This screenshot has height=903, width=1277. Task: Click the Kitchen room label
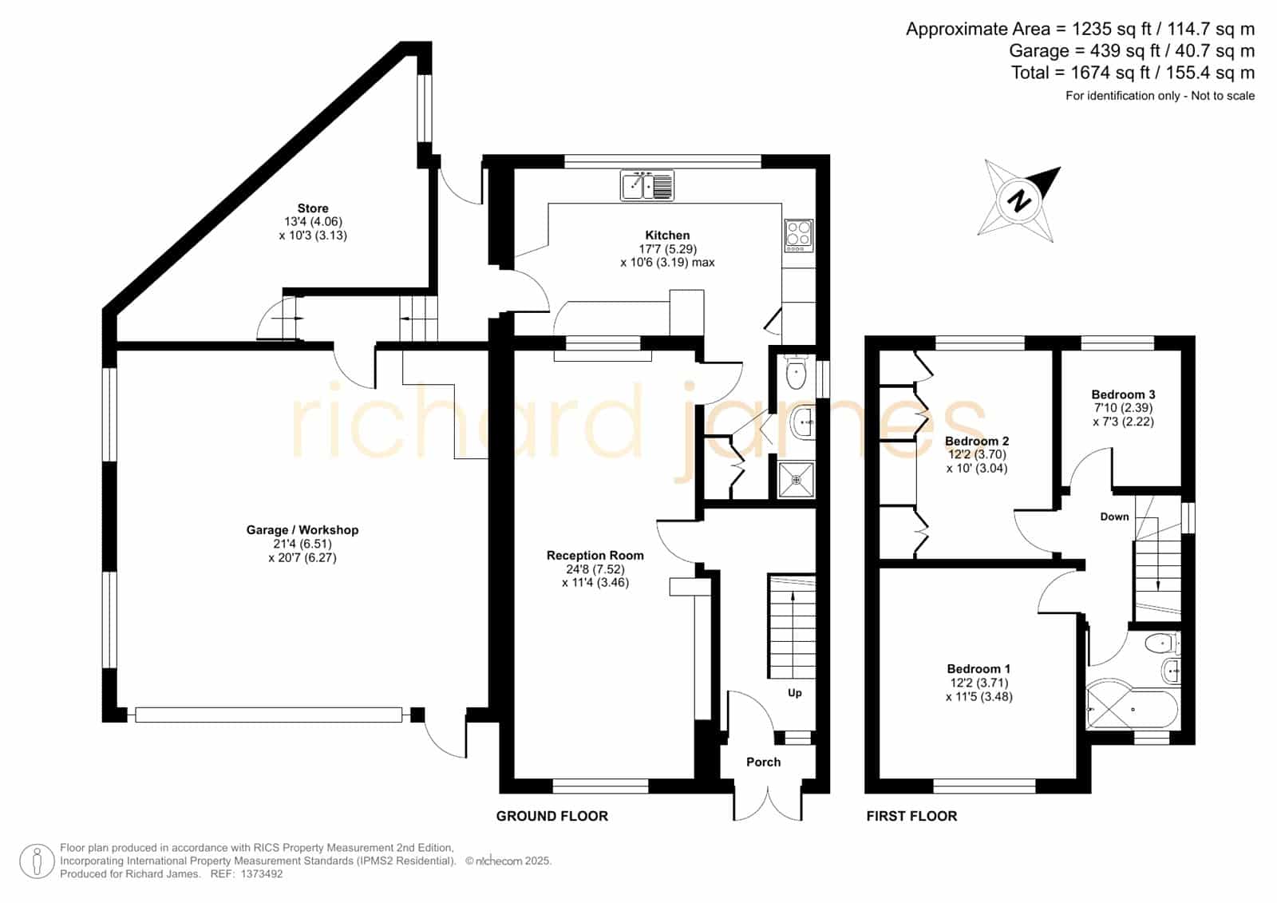click(x=667, y=235)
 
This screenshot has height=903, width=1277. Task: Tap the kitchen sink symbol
click(x=647, y=185)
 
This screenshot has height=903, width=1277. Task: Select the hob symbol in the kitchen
click(x=799, y=235)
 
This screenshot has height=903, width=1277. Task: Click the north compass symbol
click(x=1018, y=200)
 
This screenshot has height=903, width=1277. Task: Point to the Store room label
click(x=312, y=208)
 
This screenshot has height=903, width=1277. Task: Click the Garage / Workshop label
click(x=302, y=530)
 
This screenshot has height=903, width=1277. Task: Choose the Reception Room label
click(x=595, y=555)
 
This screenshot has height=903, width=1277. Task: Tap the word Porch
click(x=763, y=762)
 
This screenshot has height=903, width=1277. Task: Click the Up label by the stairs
click(x=795, y=693)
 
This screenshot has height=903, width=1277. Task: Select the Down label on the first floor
click(x=1114, y=517)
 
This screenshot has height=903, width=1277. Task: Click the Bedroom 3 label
click(x=1123, y=394)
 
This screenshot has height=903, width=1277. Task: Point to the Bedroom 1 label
click(x=979, y=668)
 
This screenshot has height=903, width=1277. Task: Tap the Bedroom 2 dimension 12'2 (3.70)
click(x=977, y=454)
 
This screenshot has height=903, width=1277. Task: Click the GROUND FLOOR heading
click(x=552, y=816)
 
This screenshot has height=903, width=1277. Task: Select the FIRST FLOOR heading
click(x=911, y=816)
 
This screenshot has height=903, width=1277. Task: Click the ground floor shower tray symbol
click(x=797, y=479)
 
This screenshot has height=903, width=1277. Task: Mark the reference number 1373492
click(x=262, y=874)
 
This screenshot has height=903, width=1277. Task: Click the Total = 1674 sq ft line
click(x=1133, y=73)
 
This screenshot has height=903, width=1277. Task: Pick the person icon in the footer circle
click(x=37, y=861)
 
